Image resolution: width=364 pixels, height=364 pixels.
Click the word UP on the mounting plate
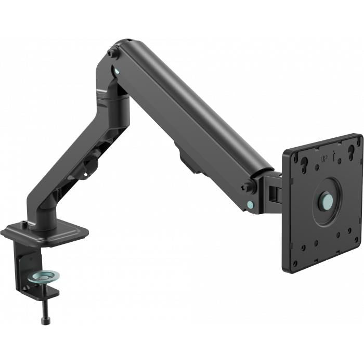click(324, 156)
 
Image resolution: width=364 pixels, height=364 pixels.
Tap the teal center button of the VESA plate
click(326, 200)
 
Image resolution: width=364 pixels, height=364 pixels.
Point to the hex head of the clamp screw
click(45, 321)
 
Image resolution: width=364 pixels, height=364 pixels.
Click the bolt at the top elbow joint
click(111, 53)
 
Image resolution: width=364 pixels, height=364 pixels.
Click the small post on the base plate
click(24, 225)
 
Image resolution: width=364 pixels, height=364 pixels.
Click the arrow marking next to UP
click(335, 154)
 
